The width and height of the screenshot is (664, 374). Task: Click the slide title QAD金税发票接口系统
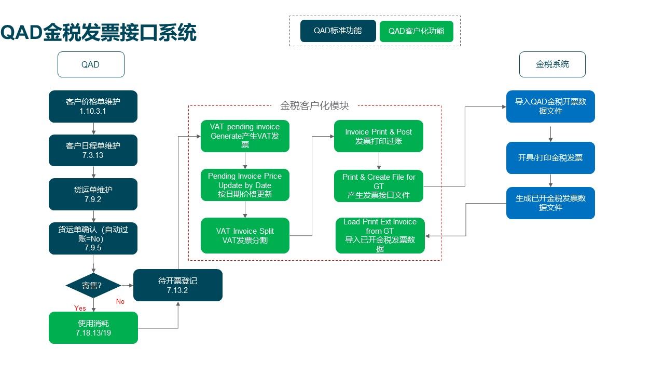[99, 32]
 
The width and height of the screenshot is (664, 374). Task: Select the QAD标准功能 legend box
[338, 31]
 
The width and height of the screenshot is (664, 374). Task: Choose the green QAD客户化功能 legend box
[417, 31]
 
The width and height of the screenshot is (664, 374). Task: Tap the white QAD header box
[91, 64]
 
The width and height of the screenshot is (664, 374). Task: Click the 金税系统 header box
[552, 64]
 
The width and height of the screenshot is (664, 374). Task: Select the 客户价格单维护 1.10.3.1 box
[93, 106]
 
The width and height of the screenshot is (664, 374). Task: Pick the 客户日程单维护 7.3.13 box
[93, 150]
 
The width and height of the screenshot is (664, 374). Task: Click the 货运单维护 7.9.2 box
[93, 194]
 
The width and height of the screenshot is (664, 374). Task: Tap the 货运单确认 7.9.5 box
[93, 238]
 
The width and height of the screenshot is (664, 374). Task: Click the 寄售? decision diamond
[93, 285]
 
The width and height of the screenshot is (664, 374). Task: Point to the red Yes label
[80, 308]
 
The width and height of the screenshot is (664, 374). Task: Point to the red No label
[120, 301]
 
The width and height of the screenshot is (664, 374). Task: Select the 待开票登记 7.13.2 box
[178, 285]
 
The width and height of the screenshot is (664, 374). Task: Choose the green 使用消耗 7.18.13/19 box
[93, 328]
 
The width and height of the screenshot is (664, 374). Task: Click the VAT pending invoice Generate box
[245, 136]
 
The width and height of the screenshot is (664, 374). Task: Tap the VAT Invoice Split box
[245, 235]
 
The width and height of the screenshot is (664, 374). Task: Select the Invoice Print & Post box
[379, 137]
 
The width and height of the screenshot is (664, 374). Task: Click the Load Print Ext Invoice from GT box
[380, 235]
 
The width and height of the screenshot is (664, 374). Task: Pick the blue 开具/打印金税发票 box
[550, 158]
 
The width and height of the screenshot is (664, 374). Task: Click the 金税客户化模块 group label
[314, 105]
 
